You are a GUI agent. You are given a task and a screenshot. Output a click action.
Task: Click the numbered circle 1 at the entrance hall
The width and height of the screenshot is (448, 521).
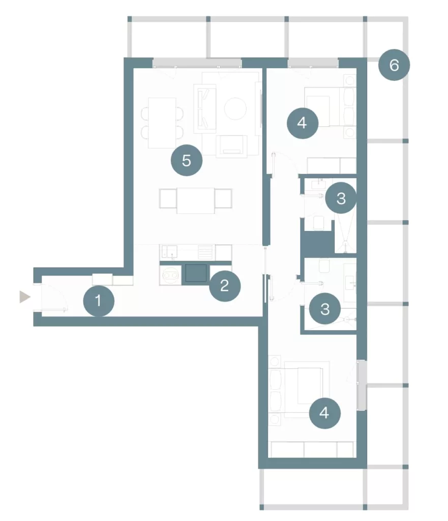(99, 301)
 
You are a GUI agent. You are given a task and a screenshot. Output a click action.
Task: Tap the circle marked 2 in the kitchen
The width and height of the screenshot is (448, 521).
(225, 286)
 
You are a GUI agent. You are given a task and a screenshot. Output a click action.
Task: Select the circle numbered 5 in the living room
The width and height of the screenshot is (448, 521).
(186, 160)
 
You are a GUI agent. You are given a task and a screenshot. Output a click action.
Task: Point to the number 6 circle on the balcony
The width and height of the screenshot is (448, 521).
(394, 65)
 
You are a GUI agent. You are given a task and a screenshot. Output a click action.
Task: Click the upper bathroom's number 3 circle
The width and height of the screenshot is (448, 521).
(341, 198)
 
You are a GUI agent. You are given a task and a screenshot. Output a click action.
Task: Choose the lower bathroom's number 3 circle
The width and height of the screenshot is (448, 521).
(325, 309)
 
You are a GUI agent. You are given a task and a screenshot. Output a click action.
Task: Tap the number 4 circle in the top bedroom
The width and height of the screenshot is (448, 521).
(302, 123)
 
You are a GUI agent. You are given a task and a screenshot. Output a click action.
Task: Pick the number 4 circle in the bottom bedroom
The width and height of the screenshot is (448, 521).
(324, 413)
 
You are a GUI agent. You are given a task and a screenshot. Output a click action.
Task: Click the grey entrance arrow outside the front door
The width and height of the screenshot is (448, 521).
(25, 297)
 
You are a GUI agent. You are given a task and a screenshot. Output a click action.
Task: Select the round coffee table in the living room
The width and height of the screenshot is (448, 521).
(235, 108)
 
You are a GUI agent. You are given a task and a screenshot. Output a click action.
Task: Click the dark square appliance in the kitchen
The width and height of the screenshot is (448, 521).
(196, 273)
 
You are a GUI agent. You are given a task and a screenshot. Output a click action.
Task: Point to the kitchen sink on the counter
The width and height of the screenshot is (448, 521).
(169, 252)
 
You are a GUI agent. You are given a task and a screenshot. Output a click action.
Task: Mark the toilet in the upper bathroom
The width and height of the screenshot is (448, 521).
(319, 223)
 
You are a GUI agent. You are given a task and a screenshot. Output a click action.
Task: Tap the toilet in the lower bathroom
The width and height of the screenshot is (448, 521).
(324, 266)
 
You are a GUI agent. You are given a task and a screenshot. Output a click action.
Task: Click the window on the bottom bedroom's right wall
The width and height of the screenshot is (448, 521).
(362, 385)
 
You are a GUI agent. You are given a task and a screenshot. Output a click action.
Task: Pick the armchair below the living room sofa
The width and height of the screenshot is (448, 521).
(232, 146)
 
